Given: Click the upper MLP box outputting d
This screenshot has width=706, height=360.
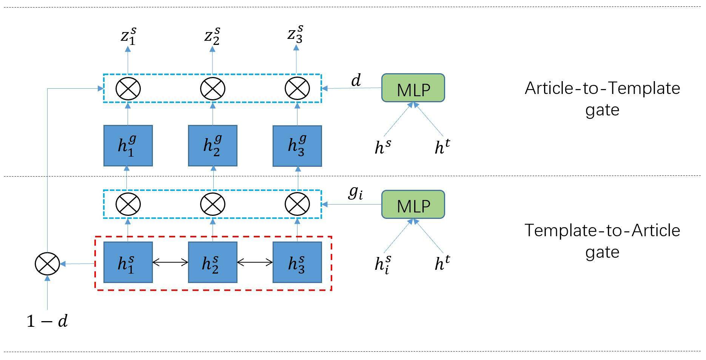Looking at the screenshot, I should pos(413,88).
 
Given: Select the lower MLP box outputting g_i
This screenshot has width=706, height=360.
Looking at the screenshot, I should pos(413,205).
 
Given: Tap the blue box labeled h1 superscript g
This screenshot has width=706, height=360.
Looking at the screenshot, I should pos(128,146).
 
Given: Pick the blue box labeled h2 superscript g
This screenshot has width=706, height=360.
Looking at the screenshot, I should pos(213,146).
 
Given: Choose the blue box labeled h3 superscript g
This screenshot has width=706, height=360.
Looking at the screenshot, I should pos(297,146).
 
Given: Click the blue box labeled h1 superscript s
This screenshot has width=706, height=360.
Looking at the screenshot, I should pos(128,262).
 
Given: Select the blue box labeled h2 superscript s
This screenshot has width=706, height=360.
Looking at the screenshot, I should pos(213,262).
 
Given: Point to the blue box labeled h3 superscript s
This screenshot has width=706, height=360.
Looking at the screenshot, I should pos(297,262).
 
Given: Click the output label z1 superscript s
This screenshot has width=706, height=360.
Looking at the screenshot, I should pos(128,36).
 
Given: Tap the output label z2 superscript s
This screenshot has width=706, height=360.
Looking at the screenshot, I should pos(212,36).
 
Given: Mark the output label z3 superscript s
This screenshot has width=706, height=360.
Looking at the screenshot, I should pos(295,35).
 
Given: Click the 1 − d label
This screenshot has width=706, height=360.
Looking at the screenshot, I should pos(47,321).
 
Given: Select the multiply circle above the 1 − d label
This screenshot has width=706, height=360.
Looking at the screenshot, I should pos(47,263).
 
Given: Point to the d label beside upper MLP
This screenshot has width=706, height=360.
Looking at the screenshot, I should pos(356,80).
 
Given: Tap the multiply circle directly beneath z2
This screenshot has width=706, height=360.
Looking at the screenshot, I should pos(213,89).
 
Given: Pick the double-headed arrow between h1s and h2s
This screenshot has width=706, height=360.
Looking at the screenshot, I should pos(170,262).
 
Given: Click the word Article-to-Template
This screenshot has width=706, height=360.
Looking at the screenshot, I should pos(602,88).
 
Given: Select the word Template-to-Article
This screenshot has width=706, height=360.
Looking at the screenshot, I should pos(602,230).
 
